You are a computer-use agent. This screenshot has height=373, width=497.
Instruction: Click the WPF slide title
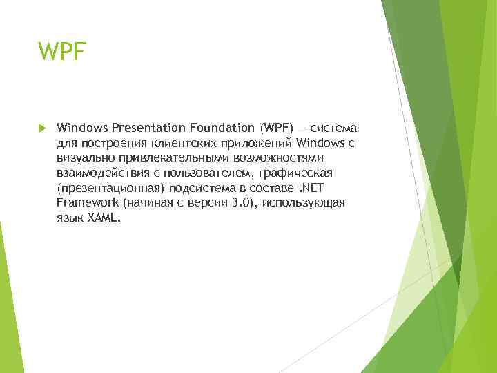(62, 51)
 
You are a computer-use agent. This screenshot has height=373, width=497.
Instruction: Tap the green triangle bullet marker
(41, 128)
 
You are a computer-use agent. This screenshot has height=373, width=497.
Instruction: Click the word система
(333, 128)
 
